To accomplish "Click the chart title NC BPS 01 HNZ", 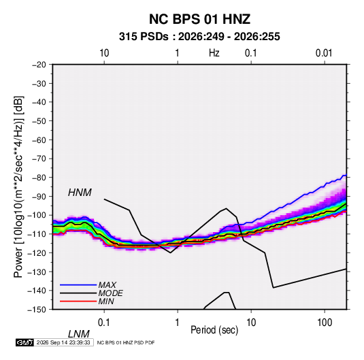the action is tap(199, 19).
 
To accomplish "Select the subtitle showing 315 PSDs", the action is tap(199, 37).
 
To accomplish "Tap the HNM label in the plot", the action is tap(80, 193).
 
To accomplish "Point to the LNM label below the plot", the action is tap(78, 334).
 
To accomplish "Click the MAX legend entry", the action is tap(107, 284).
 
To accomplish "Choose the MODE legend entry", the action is tap(110, 293).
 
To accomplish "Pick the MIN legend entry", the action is tap(106, 301).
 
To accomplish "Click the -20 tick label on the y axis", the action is tap(39, 65).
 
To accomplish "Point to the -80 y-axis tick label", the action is tap(39, 178).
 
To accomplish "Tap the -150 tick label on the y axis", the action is tap(37, 310).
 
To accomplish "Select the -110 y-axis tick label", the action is tap(37, 234).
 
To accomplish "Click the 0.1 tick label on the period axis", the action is tap(104, 323).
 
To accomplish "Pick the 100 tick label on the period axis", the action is tap(325, 323).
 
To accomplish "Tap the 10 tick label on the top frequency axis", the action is tap(104, 53).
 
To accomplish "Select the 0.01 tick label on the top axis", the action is tap(324, 53).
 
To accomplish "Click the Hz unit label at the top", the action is tap(214, 53).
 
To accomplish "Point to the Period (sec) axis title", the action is tap(214, 330).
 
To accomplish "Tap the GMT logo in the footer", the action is tap(25, 342).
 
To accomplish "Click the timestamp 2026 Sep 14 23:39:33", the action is tap(63, 342).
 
